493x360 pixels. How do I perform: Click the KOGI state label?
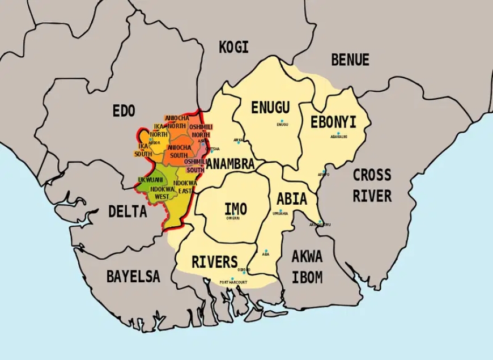click(x=233, y=47)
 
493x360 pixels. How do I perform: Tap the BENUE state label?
click(x=350, y=60)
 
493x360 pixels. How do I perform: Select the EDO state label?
click(x=124, y=111)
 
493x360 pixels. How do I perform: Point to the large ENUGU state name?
click(x=270, y=108)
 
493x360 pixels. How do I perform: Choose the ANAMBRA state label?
click(x=230, y=164)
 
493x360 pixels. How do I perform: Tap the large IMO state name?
click(x=235, y=209)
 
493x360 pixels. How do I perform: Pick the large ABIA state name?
click(x=292, y=199)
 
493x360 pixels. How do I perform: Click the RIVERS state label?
click(x=214, y=262)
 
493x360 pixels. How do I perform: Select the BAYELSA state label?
click(x=133, y=277)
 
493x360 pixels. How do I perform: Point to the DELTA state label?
click(x=127, y=211)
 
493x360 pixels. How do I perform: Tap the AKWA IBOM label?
click(x=307, y=266)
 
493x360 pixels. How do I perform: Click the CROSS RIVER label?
click(x=372, y=185)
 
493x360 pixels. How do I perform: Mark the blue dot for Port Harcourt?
click(x=232, y=278)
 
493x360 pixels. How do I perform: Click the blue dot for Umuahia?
click(x=280, y=210)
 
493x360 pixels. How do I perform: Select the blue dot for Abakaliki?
click(x=339, y=133)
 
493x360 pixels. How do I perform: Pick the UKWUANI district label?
click(x=150, y=180)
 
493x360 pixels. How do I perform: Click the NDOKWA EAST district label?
click(x=185, y=187)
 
